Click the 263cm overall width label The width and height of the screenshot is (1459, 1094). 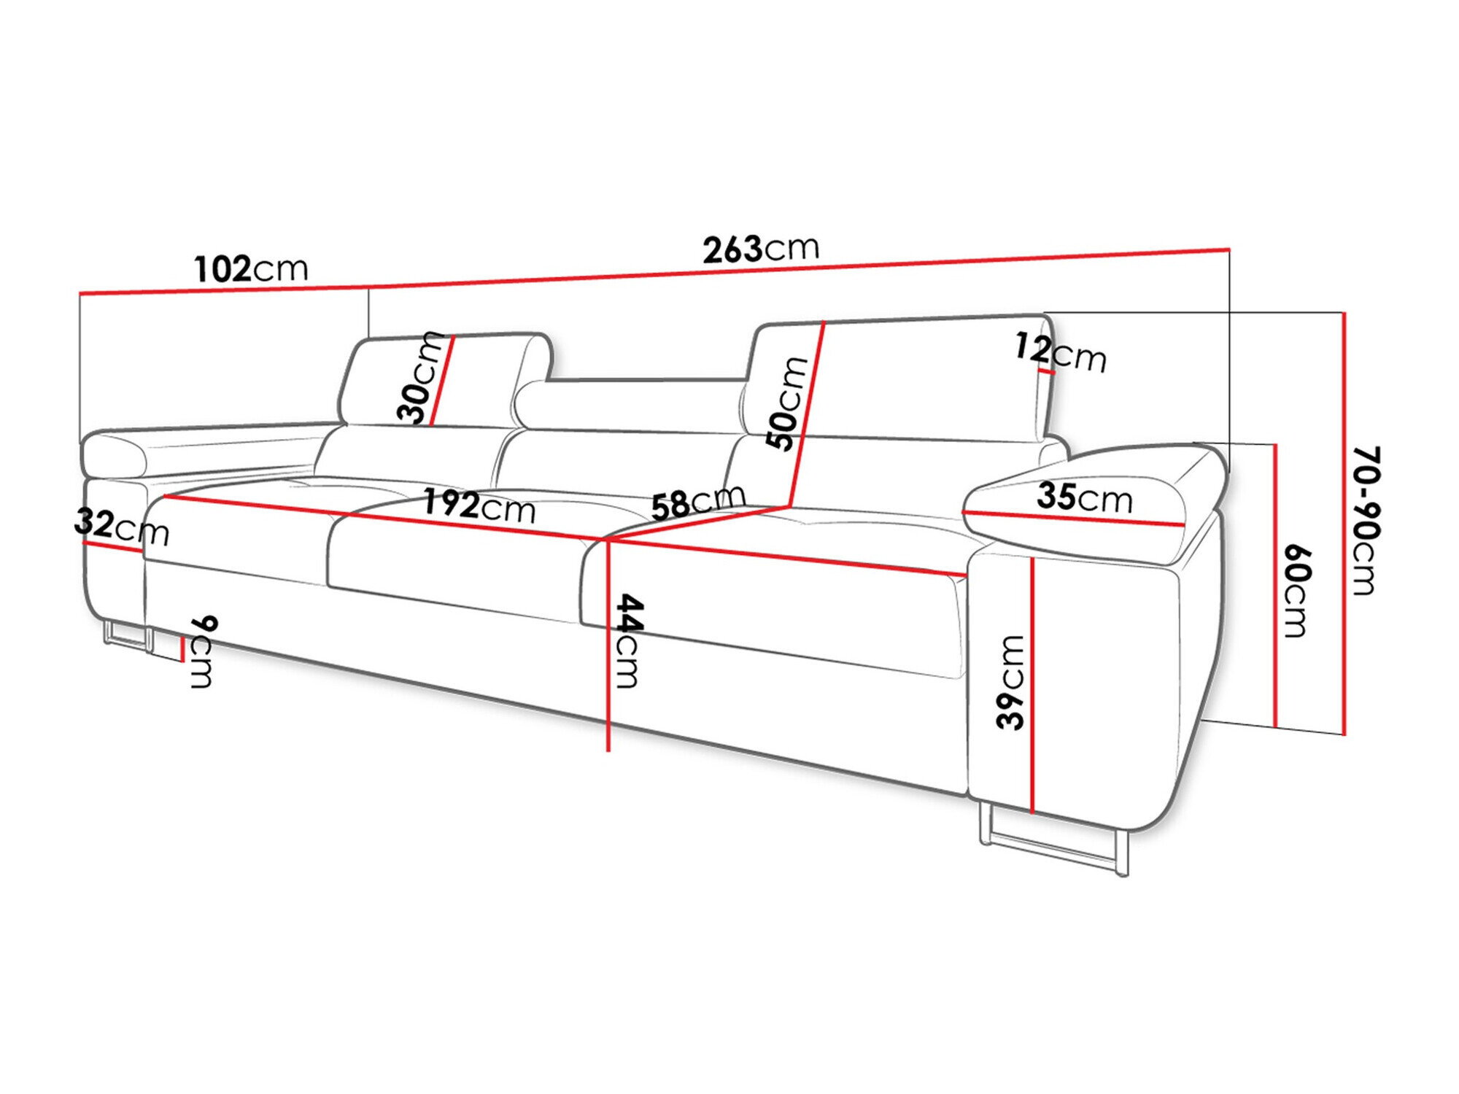(x=761, y=249)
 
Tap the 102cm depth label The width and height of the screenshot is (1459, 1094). (x=251, y=269)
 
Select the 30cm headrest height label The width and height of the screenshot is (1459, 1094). (x=421, y=378)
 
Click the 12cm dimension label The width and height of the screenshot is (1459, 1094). (x=1060, y=352)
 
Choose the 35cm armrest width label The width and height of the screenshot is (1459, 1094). (x=1084, y=497)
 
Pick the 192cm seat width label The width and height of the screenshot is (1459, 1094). (x=479, y=505)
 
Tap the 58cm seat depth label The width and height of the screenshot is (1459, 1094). (x=697, y=502)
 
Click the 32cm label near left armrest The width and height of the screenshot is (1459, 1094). (x=121, y=527)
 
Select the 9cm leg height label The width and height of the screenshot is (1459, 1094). (x=202, y=651)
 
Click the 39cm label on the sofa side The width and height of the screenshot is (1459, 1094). (x=1011, y=682)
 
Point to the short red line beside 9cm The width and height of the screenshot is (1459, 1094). (x=182, y=648)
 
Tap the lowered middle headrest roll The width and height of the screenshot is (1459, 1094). (x=627, y=405)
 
